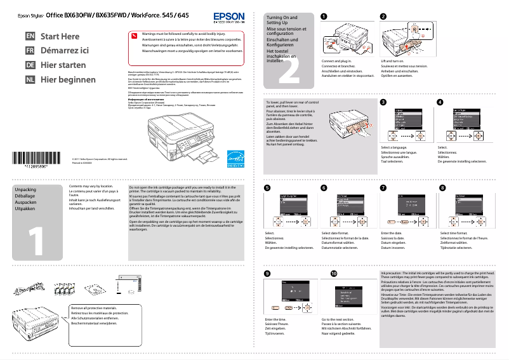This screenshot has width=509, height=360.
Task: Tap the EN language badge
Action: (30, 37)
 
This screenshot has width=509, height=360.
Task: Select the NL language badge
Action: (30, 80)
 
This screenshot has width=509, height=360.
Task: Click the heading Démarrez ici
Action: (65, 51)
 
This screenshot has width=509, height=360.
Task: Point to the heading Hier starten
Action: (63, 65)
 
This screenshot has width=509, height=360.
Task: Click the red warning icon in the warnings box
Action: (133, 36)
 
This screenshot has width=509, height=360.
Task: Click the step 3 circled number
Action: (383, 102)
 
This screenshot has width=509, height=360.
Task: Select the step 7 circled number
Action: (383, 188)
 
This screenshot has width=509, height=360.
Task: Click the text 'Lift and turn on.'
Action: (395, 62)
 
